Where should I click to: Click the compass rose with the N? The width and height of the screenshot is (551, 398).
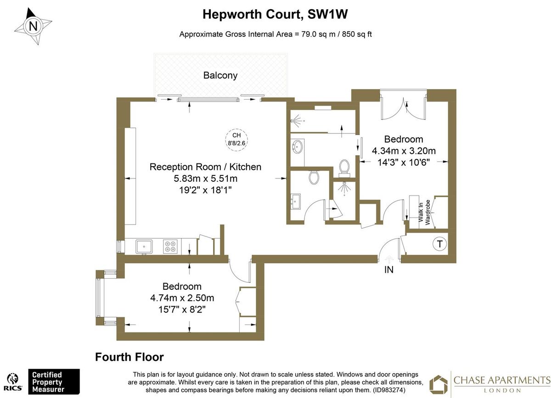pyautogui.click(x=33, y=27)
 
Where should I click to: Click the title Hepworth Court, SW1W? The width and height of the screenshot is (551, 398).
pyautogui.click(x=275, y=14)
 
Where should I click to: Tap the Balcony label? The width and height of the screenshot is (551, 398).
pyautogui.click(x=220, y=75)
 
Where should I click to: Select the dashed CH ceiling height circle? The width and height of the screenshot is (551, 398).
pyautogui.click(x=236, y=139)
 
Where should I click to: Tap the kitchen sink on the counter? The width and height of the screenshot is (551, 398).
pyautogui.click(x=144, y=247)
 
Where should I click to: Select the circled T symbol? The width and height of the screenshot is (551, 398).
pyautogui.click(x=439, y=244)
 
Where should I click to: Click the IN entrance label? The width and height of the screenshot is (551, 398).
pyautogui.click(x=389, y=270)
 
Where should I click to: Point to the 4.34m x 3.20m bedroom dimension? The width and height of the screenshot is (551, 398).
pyautogui.click(x=404, y=151)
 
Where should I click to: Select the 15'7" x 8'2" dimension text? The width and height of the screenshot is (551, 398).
pyautogui.click(x=182, y=309)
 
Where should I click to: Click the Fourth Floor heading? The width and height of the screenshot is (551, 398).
pyautogui.click(x=129, y=357)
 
